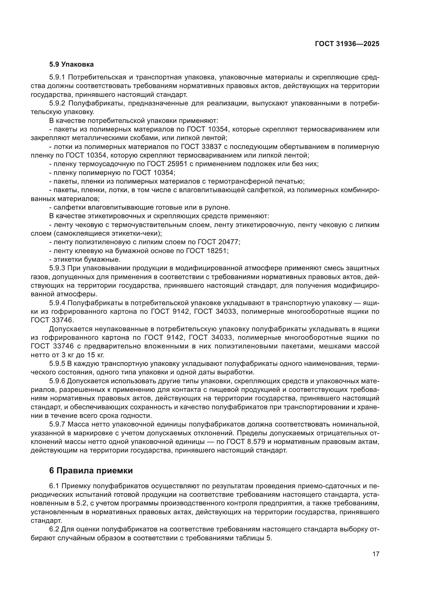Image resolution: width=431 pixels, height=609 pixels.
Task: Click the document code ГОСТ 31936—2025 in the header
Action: pyautogui.click(x=347, y=44)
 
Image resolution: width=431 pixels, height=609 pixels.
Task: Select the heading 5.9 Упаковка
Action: pyautogui.click(x=71, y=65)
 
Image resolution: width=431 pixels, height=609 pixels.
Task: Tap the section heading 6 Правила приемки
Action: pyautogui.click(x=91, y=470)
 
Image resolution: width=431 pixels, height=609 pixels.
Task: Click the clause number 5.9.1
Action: pyautogui.click(x=57, y=77)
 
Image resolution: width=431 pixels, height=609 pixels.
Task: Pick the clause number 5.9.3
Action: pyautogui.click(x=57, y=268)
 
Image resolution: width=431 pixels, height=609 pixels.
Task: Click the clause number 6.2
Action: pyautogui.click(x=54, y=529)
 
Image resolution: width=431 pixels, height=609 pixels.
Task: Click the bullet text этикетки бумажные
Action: pyautogui.click(x=87, y=259)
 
